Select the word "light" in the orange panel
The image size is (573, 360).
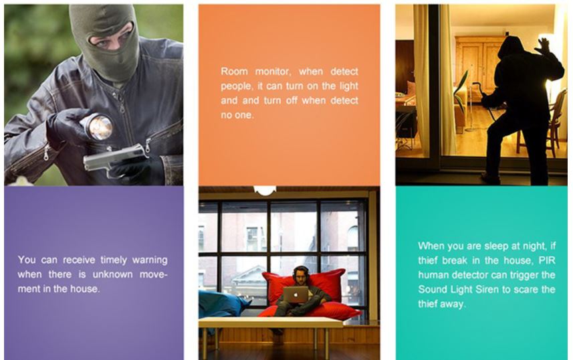pos(348,86)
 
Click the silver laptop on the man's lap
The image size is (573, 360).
pos(296,294)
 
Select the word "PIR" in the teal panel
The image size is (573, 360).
pos(547,260)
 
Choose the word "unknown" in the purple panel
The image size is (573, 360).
pos(112,274)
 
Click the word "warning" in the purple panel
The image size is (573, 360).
pos(150,260)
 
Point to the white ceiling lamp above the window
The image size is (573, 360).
pos(265,190)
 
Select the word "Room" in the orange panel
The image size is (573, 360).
pos(234,72)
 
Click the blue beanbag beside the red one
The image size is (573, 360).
pos(221,304)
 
